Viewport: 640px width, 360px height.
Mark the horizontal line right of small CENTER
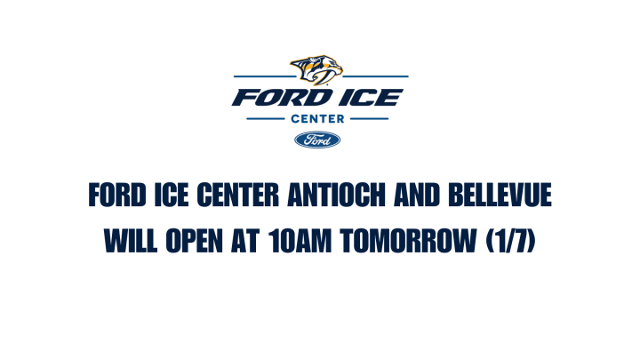pyautogui.click(x=371, y=117)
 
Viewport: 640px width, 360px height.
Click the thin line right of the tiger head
pyautogui.click(x=377, y=77)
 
